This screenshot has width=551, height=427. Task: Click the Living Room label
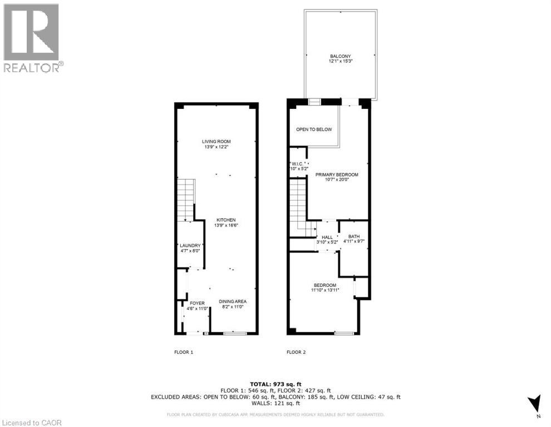click(x=216, y=144)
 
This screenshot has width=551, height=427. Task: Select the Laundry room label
click(x=190, y=248)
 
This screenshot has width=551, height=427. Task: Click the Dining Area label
click(x=232, y=304)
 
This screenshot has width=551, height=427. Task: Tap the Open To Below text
click(x=314, y=130)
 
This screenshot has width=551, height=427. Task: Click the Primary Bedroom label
click(x=337, y=177)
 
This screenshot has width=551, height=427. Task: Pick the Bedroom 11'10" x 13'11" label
click(x=326, y=287)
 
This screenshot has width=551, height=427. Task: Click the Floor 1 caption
click(x=184, y=352)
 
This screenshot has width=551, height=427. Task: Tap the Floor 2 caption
click(x=296, y=352)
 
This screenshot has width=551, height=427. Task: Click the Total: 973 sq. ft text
click(x=275, y=384)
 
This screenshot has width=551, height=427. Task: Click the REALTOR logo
click(x=32, y=38)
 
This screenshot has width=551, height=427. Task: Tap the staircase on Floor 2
click(x=299, y=206)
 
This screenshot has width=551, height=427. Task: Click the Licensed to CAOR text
click(x=33, y=422)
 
